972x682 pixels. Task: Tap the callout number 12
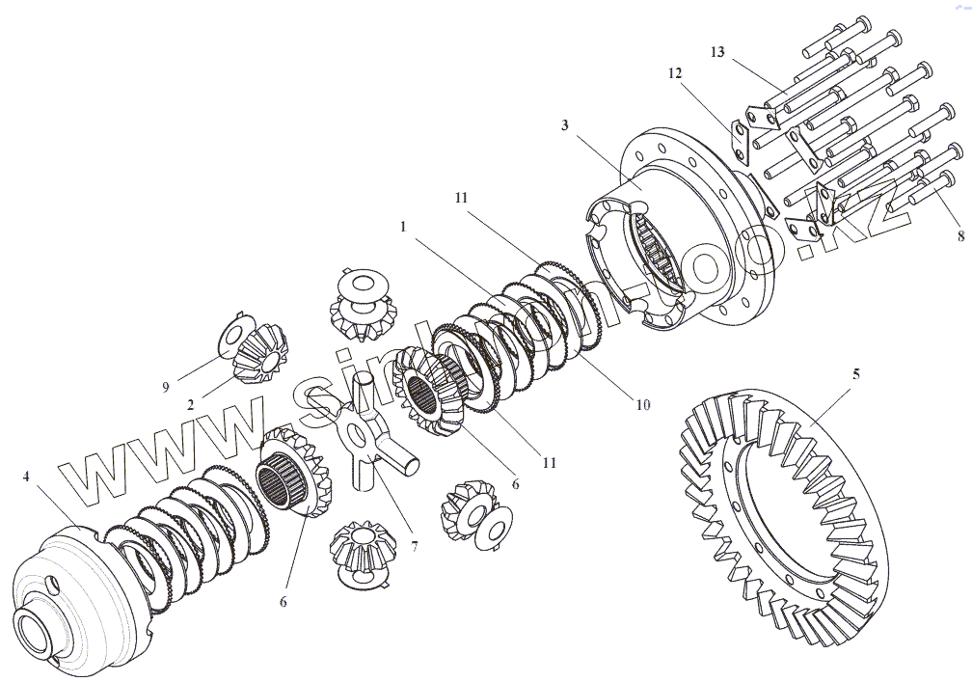(x=673, y=74)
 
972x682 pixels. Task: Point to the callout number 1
(x=404, y=228)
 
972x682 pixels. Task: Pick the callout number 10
(x=642, y=404)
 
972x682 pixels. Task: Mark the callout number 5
(x=855, y=373)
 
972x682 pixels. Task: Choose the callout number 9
(x=166, y=387)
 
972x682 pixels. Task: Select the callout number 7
(x=414, y=546)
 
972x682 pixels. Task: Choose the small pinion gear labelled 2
(x=260, y=356)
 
